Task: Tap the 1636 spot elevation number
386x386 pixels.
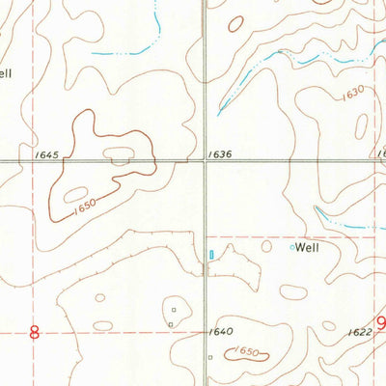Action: [x=220, y=154]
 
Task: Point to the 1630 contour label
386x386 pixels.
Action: [x=351, y=92]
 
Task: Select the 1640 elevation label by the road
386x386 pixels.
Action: [x=221, y=333]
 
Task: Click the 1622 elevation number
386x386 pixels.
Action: [x=358, y=332]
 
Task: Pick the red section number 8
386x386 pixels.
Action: [x=35, y=333]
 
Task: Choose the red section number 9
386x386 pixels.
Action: [x=379, y=324]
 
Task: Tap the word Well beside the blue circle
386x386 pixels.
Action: [x=307, y=247]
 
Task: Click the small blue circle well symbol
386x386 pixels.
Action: [x=292, y=247]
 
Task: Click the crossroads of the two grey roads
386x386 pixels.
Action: [x=204, y=161]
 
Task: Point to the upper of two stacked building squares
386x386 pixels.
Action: [x=175, y=310]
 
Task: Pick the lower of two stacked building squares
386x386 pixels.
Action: [x=171, y=324]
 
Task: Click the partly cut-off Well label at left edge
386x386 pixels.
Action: [x=6, y=72]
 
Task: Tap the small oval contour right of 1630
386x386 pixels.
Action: [x=362, y=125]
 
